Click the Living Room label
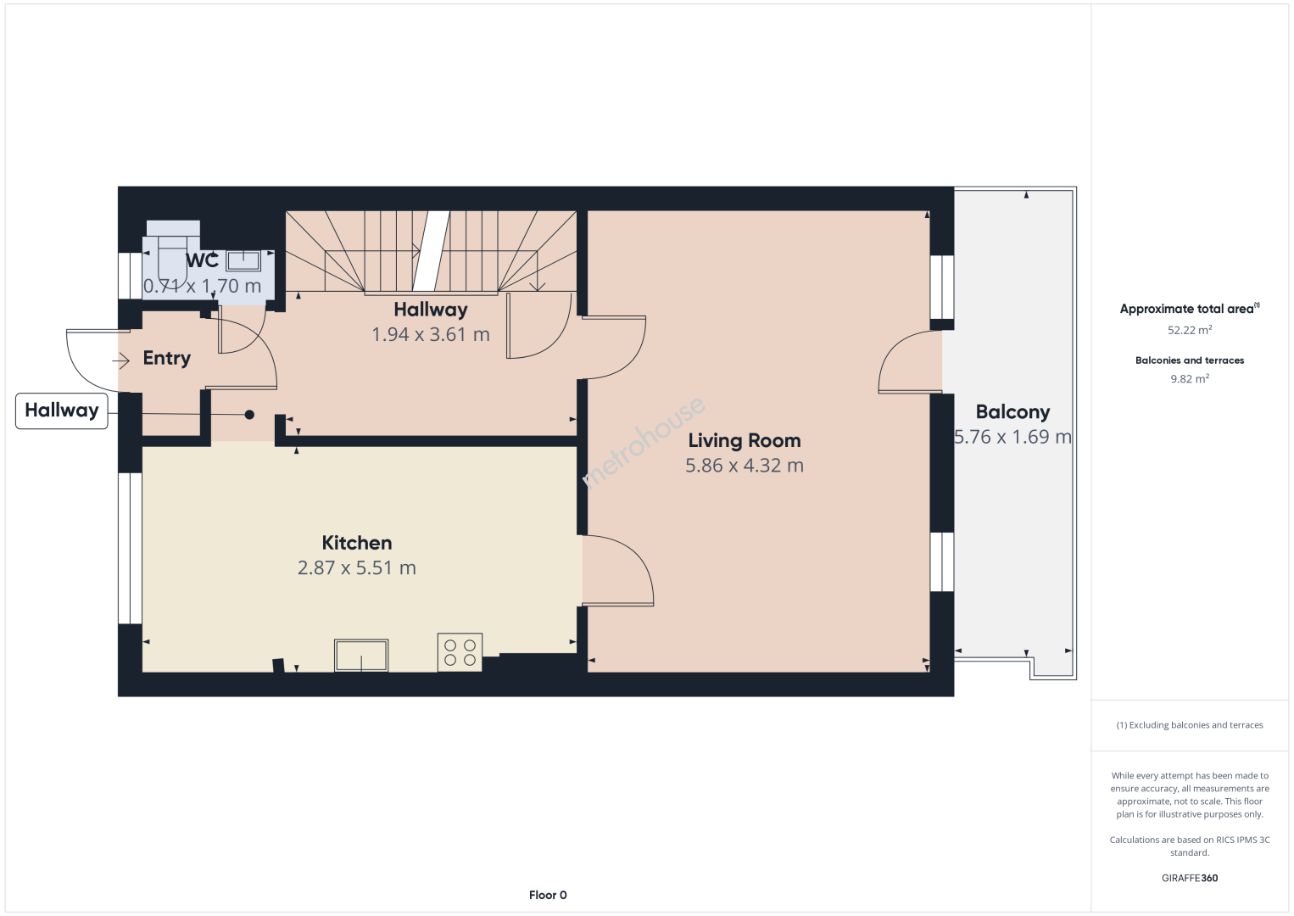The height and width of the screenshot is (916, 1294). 744,441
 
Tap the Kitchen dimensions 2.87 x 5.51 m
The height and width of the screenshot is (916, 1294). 356,567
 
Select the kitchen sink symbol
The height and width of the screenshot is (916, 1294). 361,656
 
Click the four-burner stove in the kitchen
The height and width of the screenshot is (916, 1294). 460,652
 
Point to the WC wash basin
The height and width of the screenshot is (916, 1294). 243,260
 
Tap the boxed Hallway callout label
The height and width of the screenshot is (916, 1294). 62,411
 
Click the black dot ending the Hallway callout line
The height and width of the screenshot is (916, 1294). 249,415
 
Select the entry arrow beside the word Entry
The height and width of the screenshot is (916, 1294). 120,361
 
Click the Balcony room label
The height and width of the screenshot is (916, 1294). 1012,412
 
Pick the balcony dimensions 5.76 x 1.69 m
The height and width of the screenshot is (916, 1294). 1012,437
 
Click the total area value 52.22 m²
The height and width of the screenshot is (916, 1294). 1190,330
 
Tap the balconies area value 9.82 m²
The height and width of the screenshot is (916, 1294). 1190,378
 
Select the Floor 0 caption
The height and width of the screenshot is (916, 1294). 548,895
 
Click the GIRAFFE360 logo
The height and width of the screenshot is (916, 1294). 1190,878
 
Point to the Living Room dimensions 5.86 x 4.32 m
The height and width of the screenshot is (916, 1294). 744,466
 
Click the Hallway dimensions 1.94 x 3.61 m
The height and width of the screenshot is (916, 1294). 431,335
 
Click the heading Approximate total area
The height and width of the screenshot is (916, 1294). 1190,309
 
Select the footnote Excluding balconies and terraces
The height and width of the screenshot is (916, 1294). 1190,724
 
